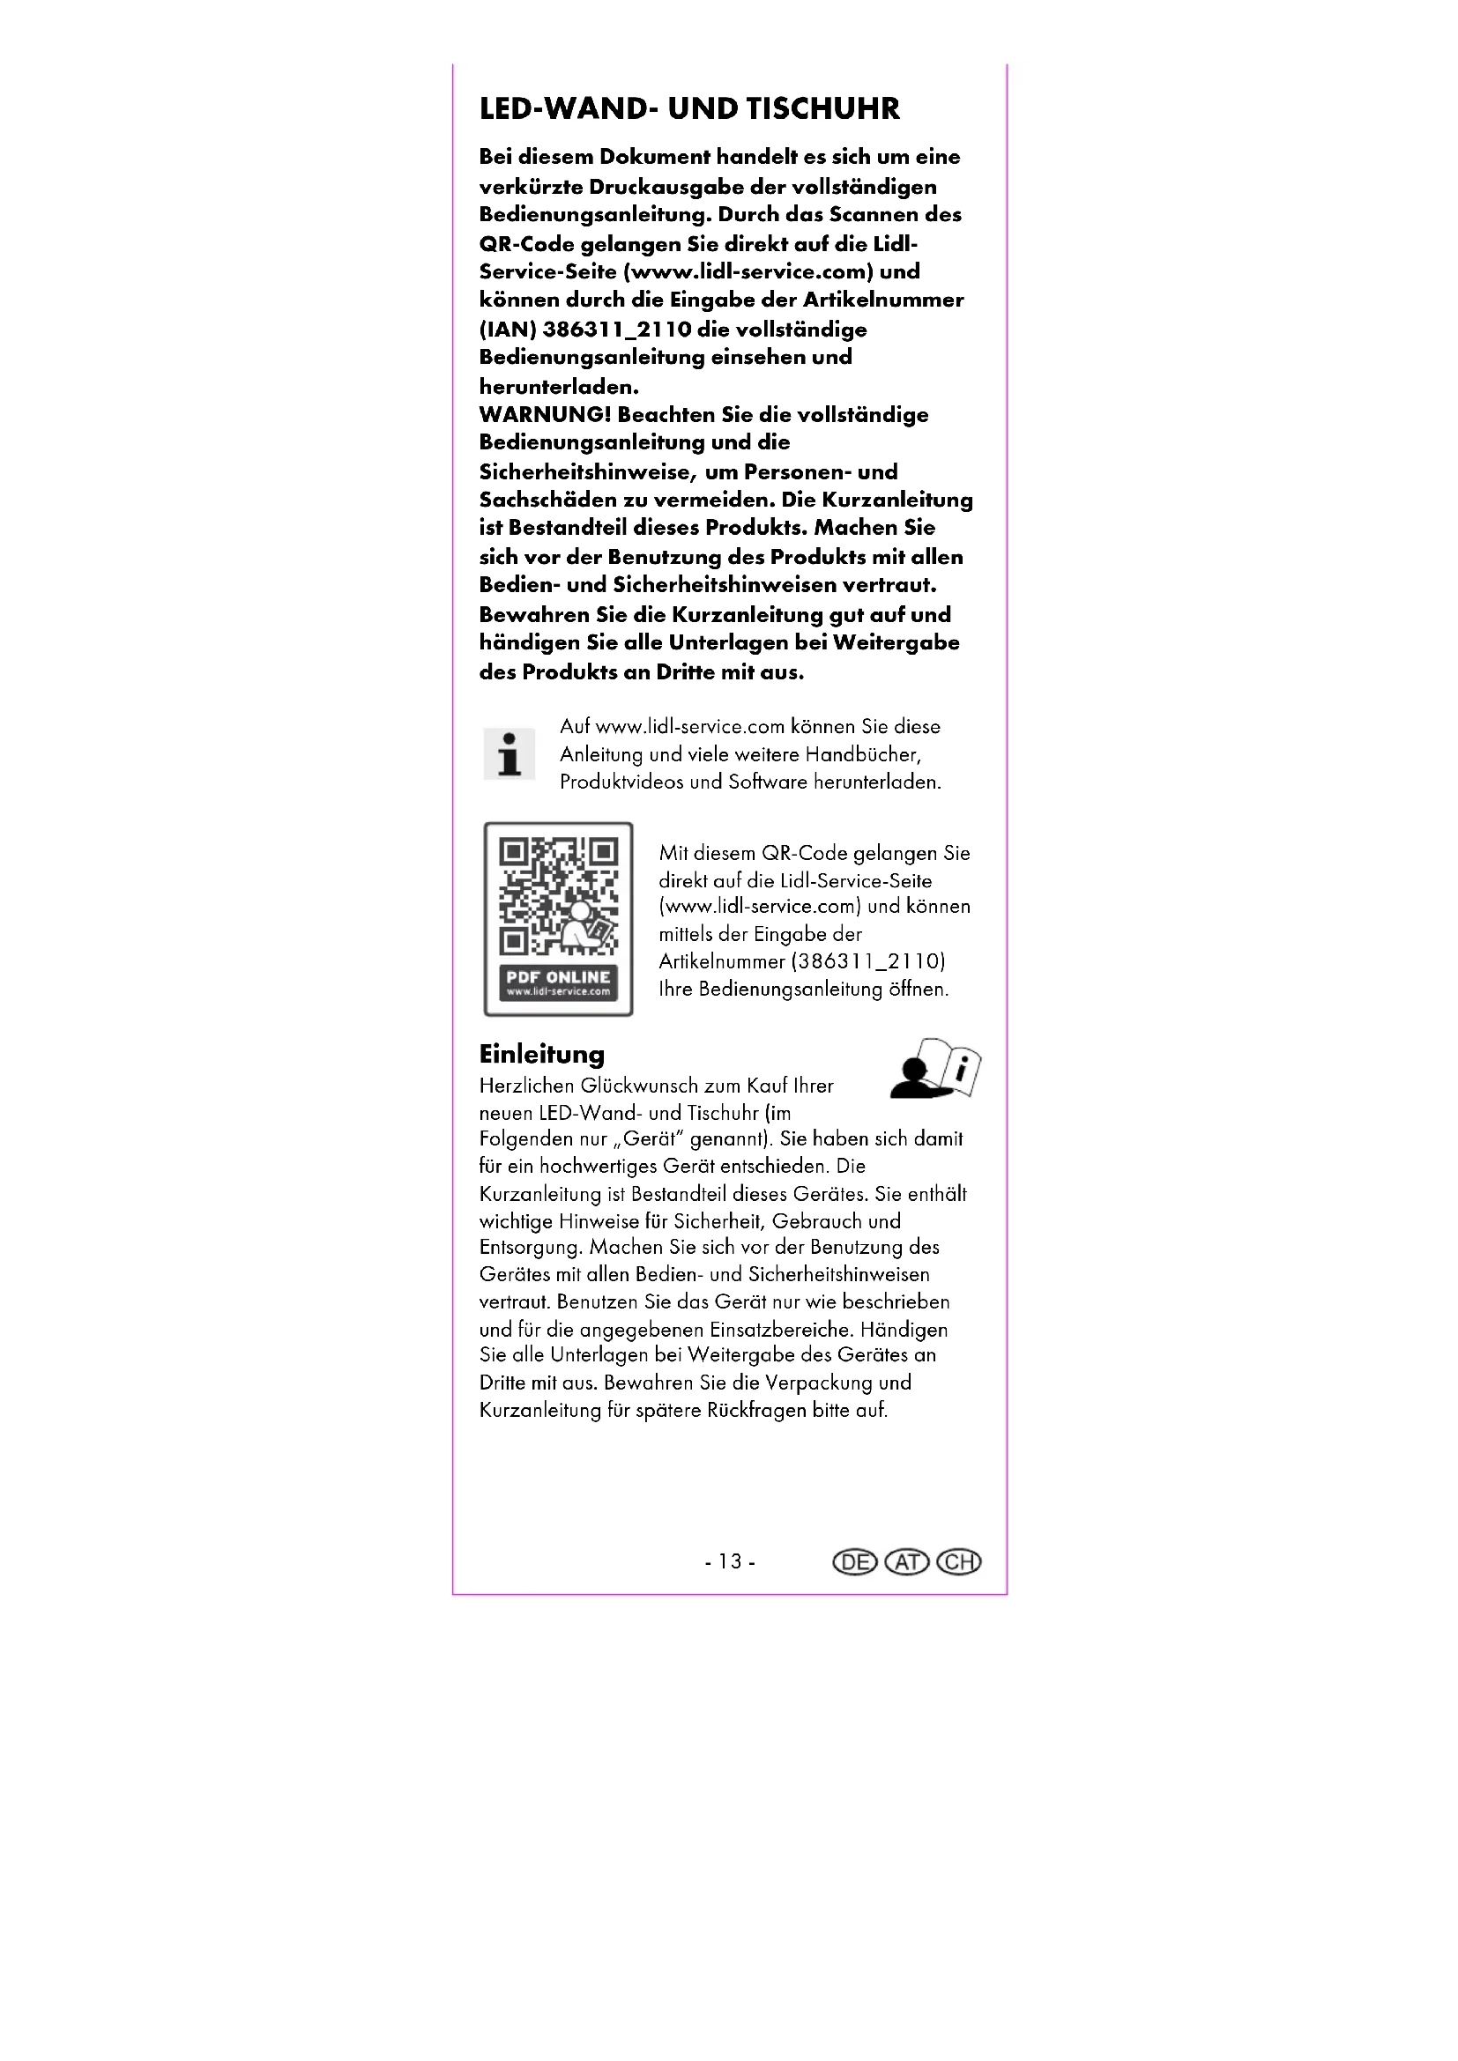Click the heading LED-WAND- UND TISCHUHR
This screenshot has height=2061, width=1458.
pyautogui.click(x=688, y=108)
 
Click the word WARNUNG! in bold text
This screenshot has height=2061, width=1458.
pyautogui.click(x=545, y=415)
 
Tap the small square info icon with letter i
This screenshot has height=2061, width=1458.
pyautogui.click(x=509, y=754)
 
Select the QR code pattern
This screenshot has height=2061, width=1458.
pyautogui.click(x=557, y=896)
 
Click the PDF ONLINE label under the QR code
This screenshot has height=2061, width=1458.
pyautogui.click(x=557, y=977)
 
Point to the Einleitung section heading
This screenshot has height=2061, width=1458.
pyautogui.click(x=541, y=1054)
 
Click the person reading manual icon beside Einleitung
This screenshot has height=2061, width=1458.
pyautogui.click(x=935, y=1069)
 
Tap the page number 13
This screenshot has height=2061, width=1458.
pyautogui.click(x=730, y=1562)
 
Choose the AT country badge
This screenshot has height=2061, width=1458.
pyautogui.click(x=907, y=1563)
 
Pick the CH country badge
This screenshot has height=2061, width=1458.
pyautogui.click(x=959, y=1563)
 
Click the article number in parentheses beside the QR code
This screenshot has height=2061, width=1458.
pyautogui.click(x=868, y=961)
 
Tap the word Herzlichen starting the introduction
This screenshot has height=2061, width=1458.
pyautogui.click(x=526, y=1086)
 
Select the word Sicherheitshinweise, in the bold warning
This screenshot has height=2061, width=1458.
pyautogui.click(x=586, y=472)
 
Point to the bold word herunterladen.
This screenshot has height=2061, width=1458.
pyautogui.click(x=558, y=387)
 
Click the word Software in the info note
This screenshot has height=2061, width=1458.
pyautogui.click(x=768, y=782)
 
